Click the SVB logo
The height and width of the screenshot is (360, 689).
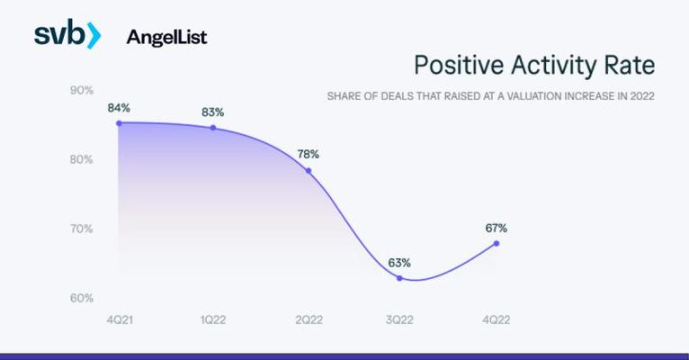pos(67,35)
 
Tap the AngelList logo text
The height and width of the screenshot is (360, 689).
pos(166,38)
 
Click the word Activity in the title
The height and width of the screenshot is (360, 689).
pos(554,66)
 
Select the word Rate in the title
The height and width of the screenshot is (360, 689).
pos(630,65)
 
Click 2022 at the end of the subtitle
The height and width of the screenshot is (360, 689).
pos(642,96)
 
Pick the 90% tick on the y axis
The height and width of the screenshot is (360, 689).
pos(82,91)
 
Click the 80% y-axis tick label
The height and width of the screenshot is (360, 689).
pos(82,159)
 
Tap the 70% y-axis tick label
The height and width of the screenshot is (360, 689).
pos(82,229)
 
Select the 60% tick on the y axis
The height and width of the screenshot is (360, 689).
pos(82,299)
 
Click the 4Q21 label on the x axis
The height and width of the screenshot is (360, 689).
pos(120,320)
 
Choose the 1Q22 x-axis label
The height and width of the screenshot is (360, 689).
pos(213,320)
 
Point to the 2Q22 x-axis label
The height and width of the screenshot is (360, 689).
pos(309,320)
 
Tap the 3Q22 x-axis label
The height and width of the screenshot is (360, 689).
pos(399,320)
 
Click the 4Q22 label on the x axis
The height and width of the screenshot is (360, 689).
pos(497,320)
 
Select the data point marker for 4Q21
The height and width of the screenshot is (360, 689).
pos(119,123)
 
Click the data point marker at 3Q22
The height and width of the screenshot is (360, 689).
pos(399,278)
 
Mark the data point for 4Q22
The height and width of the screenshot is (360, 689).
pos(497,244)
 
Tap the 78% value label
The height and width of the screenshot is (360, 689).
pos(308,154)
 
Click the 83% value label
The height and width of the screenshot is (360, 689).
pos(212,112)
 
